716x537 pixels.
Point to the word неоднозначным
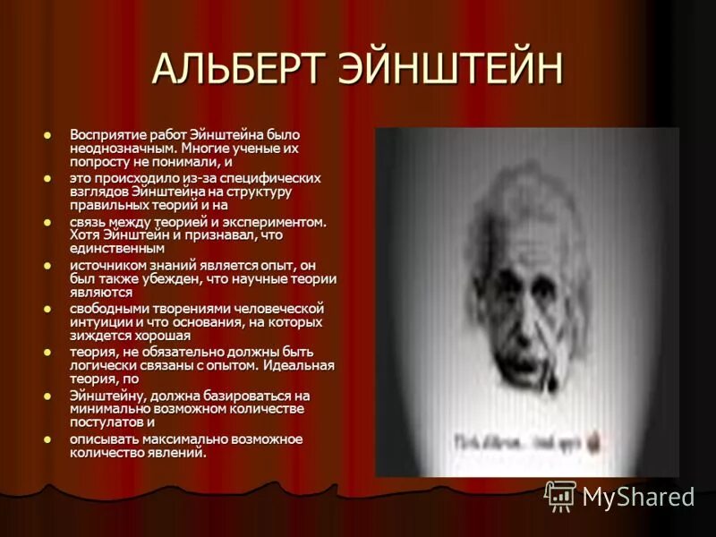pyautogui.click(x=124, y=148)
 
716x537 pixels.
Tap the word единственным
pyautogui.click(x=117, y=248)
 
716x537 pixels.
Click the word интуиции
pyautogui.click(x=101, y=321)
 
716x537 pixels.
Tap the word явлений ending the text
pyautogui.click(x=177, y=452)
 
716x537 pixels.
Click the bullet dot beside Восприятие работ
pyautogui.click(x=47, y=134)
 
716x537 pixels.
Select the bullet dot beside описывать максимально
pyautogui.click(x=47, y=439)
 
